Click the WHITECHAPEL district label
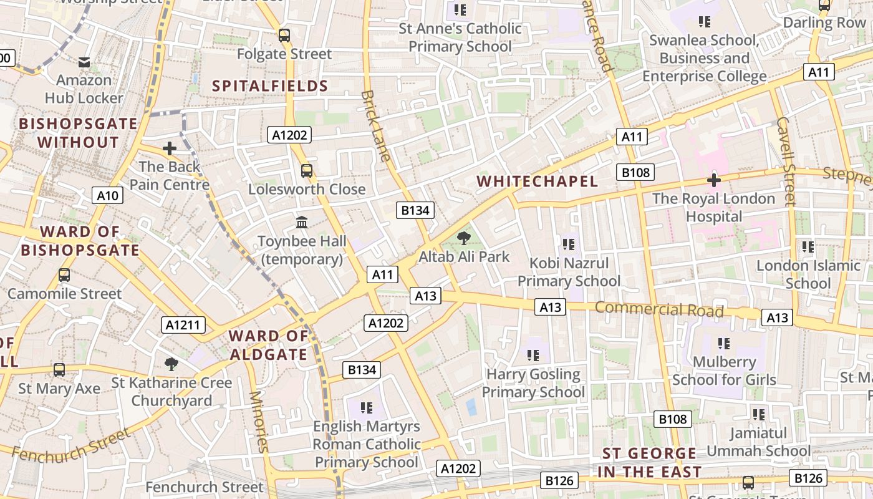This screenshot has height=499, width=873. pyautogui.click(x=537, y=182)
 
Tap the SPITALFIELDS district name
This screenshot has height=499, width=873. pyautogui.click(x=270, y=86)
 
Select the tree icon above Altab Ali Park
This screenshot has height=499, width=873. pyautogui.click(x=463, y=238)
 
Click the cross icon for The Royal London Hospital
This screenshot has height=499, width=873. pyautogui.click(x=714, y=180)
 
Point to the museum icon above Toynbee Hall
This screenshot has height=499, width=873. pyautogui.click(x=302, y=222)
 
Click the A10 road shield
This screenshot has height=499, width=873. pyautogui.click(x=107, y=196)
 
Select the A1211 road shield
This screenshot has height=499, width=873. pyautogui.click(x=183, y=324)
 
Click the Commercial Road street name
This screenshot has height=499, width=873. pyautogui.click(x=659, y=309)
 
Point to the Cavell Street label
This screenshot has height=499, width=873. pyautogui.click(x=786, y=161)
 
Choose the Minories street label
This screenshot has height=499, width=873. pyautogui.click(x=258, y=422)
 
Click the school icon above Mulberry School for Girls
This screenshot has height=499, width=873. pyautogui.click(x=723, y=343)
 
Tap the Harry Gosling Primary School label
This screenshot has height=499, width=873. pyautogui.click(x=533, y=383)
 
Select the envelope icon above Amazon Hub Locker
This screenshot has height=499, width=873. pyautogui.click(x=84, y=62)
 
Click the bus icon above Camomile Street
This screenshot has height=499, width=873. pyautogui.click(x=64, y=274)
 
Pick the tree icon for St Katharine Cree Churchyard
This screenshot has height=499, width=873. pyautogui.click(x=171, y=364)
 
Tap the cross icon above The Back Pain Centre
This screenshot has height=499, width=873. pyautogui.click(x=169, y=148)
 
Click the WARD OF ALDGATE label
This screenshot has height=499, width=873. pyautogui.click(x=269, y=345)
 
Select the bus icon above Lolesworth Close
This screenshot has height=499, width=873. pyautogui.click(x=306, y=170)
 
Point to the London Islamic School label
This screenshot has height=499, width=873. pyautogui.click(x=808, y=274)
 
